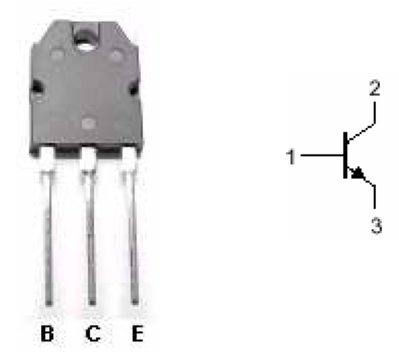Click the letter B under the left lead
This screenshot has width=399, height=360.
47,333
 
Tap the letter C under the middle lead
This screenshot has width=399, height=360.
93,333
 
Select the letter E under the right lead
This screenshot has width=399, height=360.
137,333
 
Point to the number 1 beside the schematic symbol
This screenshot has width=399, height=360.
291,157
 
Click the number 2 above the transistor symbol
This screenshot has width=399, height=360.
375,88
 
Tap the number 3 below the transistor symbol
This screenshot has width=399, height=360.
376,226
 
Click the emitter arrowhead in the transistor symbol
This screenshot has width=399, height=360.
356,172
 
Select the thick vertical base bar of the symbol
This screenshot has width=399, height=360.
346,155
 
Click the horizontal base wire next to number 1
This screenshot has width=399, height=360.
322,155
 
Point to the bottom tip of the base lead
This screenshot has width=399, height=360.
48,304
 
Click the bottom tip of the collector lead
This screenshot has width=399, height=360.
92,304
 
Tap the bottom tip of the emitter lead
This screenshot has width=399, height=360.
135,303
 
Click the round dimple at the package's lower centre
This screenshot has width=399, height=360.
89,124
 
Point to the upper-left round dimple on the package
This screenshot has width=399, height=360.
57,56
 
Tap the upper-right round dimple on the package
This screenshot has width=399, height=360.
116,56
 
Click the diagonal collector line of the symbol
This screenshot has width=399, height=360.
361,132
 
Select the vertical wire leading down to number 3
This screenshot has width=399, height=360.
375,197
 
